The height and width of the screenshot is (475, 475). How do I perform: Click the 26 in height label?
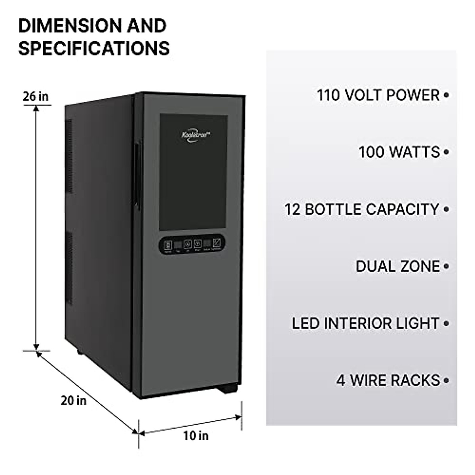click(35, 96)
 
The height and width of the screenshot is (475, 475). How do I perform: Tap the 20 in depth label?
click(73, 400)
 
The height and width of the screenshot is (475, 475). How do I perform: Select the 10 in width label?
click(196, 436)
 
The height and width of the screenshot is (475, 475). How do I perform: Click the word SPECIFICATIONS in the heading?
click(94, 48)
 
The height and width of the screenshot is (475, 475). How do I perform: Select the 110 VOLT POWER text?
click(378, 95)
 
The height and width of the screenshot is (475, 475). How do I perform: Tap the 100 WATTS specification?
click(399, 152)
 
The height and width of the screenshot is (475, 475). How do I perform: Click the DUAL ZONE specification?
click(398, 266)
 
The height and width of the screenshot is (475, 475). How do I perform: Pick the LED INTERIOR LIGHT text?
click(366, 323)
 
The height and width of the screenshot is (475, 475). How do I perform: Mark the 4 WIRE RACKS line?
click(388, 380)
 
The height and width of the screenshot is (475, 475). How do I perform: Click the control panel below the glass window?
click(192, 244)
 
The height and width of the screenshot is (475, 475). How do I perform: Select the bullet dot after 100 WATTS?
click(446, 152)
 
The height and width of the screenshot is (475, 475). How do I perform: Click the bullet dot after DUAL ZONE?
click(446, 266)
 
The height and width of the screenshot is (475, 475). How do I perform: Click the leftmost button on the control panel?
click(168, 245)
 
